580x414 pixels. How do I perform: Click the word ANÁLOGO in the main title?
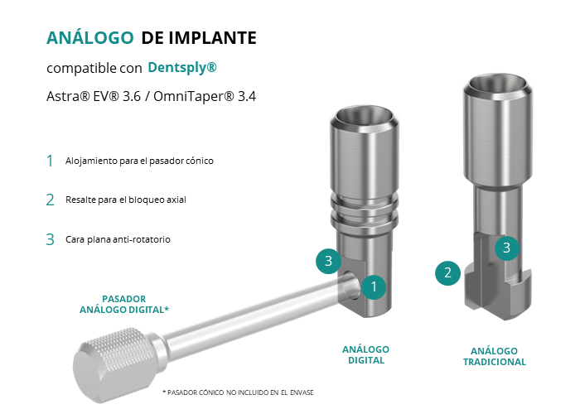(89, 37)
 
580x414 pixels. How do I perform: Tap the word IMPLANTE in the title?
(212, 38)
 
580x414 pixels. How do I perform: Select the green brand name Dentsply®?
(182, 68)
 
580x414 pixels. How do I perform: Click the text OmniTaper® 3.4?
(205, 97)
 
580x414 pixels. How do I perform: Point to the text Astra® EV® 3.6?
(94, 97)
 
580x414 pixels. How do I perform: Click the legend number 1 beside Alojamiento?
(50, 161)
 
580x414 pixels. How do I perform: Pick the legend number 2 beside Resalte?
(50, 200)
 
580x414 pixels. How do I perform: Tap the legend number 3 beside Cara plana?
(50, 239)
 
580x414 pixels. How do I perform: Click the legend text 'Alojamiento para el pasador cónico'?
(139, 161)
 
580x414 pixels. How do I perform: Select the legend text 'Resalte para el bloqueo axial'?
(126, 200)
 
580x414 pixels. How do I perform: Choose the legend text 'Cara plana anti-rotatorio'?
(118, 239)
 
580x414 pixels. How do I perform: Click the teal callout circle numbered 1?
(374, 286)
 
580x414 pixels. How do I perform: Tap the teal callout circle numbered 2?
(447, 273)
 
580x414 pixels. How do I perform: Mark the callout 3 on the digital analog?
(328, 261)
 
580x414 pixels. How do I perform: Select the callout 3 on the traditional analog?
(507, 248)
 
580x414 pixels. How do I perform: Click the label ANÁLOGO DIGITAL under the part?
(366, 355)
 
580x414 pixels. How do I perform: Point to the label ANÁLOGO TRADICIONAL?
(494, 356)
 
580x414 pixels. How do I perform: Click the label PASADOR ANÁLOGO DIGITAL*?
(124, 304)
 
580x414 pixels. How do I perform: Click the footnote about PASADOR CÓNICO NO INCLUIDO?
(238, 392)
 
